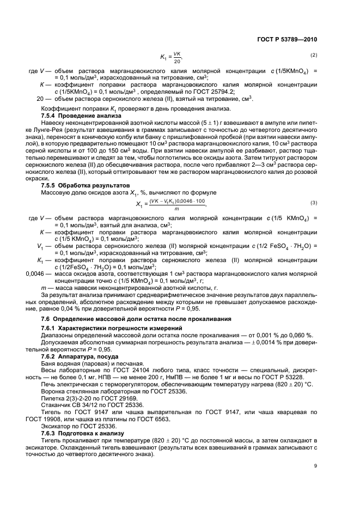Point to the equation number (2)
coord(313,56)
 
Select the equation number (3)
coord(313,188)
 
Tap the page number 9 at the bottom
coord(315,465)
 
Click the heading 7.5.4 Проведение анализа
coord(77,116)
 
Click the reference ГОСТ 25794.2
coord(190,92)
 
